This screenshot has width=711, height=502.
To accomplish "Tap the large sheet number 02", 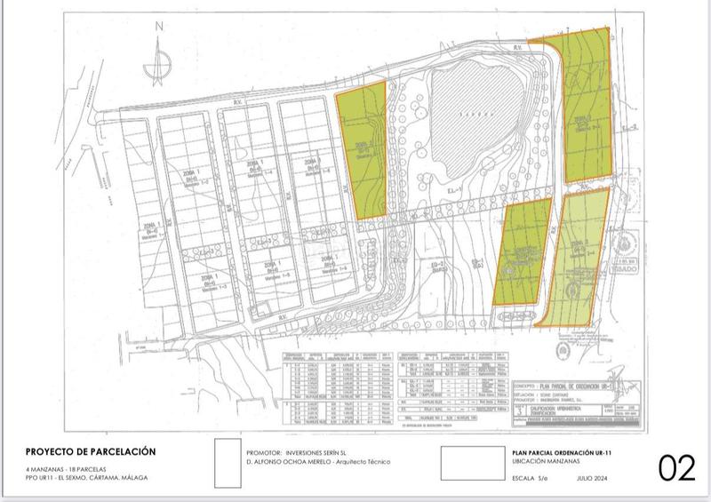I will point(676,468).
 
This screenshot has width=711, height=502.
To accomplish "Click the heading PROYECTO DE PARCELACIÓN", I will point(91,451).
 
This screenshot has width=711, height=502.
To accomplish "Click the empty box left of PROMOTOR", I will point(228,462).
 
